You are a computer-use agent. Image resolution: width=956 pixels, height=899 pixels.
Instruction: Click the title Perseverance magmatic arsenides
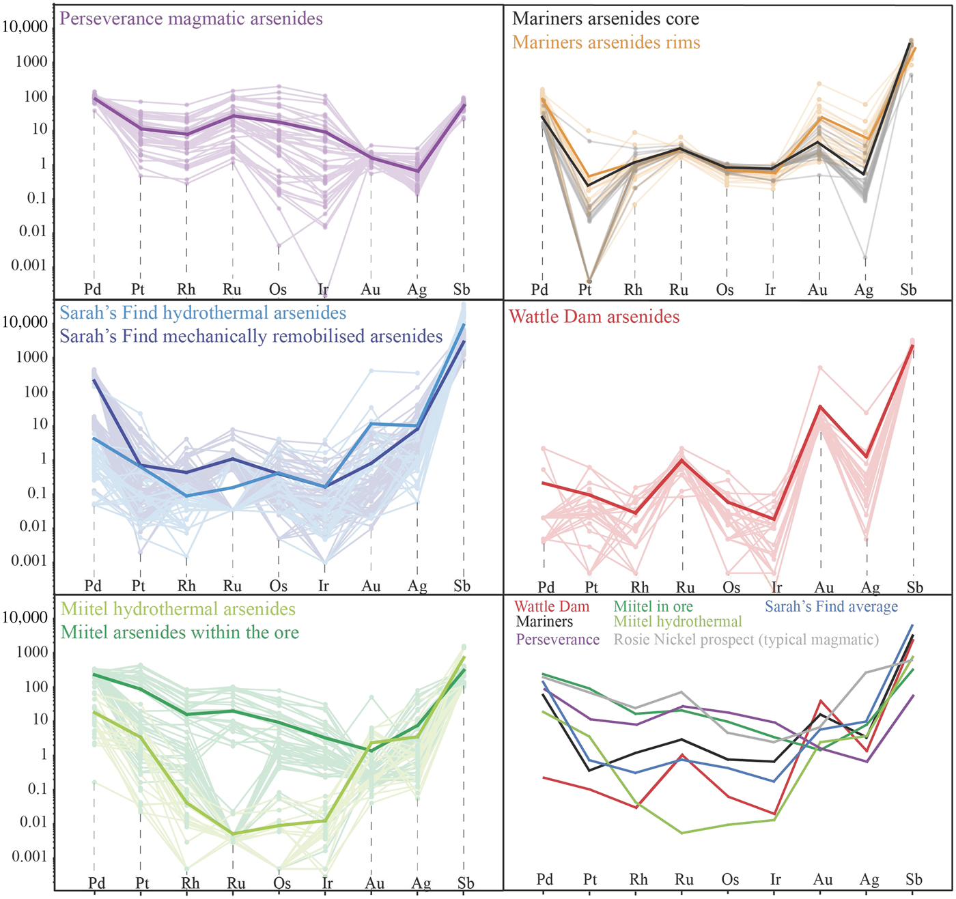coord(191,18)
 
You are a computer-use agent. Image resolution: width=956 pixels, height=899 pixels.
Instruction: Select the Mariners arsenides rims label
coord(606,42)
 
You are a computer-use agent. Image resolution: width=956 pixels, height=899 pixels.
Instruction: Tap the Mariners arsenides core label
coord(606,18)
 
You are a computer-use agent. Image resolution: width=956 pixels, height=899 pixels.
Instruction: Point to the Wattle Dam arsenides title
coord(594,317)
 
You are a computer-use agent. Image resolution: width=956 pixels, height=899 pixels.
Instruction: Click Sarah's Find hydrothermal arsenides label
coord(203,313)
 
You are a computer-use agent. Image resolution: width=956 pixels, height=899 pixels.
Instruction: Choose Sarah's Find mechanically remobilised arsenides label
coord(251,337)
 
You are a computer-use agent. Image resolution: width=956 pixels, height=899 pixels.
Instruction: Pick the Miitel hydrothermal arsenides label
coord(178,609)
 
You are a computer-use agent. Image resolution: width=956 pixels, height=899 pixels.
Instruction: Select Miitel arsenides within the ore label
coord(180,633)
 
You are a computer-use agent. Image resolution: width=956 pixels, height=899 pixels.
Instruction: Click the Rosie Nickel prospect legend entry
coord(746,640)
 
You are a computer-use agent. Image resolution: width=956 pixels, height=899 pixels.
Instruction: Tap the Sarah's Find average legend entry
coord(831,606)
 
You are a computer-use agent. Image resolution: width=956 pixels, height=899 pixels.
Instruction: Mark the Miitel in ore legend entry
coord(653,606)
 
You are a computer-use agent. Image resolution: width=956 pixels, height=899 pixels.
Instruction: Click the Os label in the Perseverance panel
coord(278,289)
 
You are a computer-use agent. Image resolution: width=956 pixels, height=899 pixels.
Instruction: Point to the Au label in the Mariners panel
coord(817,290)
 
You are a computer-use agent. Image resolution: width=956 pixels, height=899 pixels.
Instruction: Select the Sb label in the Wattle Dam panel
coord(914,588)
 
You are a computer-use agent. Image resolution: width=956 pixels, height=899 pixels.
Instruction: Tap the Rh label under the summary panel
coord(638,879)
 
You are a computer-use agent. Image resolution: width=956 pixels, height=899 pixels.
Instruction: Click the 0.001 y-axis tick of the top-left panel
coord(29,265)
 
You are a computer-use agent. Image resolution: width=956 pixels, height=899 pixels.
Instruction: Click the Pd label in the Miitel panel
coord(96,883)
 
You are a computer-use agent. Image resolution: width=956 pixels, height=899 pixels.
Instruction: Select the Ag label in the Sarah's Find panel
coord(417,586)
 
